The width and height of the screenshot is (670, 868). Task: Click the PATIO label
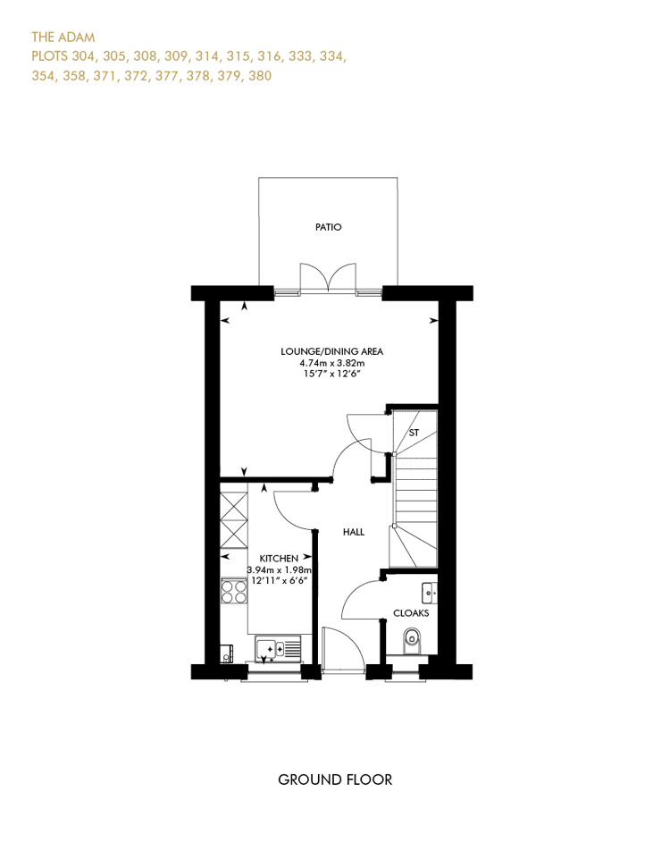point(328,227)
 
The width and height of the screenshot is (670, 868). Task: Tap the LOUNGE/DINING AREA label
point(332,351)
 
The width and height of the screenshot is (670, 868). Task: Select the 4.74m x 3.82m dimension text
point(332,363)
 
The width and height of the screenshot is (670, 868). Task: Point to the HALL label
point(354,532)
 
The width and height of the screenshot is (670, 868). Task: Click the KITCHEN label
point(279,559)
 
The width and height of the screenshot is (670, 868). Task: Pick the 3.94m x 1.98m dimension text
point(280,569)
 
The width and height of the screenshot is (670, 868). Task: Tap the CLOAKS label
point(411,613)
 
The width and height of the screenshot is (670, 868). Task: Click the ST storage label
point(414,433)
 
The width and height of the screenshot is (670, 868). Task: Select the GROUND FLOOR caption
point(335,780)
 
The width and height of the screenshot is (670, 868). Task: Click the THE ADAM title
point(63,37)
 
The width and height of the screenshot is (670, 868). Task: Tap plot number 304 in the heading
point(84,56)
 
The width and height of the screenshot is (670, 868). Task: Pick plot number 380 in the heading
point(260,75)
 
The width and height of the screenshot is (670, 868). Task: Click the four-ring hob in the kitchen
point(234,591)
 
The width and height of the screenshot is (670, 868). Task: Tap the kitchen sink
point(279,649)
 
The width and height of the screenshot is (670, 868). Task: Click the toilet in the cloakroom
point(411,640)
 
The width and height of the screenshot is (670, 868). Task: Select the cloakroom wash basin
point(429,593)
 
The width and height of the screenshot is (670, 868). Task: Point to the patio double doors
point(328,278)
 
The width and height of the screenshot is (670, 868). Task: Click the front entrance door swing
point(343,650)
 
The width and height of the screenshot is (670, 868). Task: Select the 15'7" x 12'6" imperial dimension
point(332,375)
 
